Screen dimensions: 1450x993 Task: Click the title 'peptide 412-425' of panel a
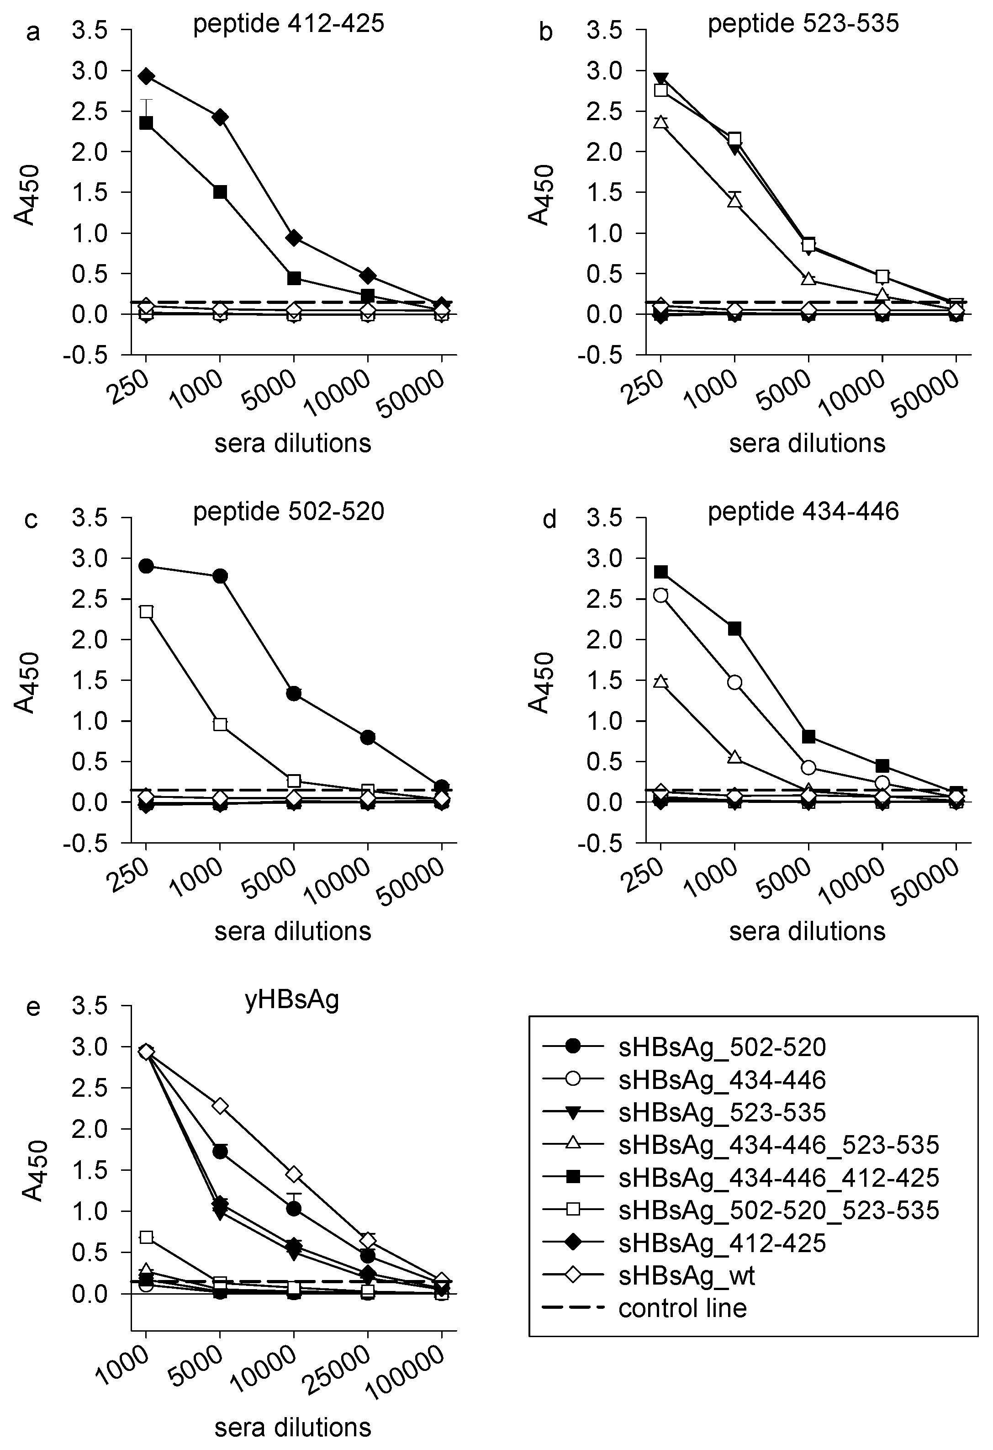289,24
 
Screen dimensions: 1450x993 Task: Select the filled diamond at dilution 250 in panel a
146,77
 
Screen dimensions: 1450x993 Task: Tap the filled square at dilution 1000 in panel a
220,192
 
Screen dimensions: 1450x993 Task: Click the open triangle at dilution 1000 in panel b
735,201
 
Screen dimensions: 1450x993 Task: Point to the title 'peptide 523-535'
803,24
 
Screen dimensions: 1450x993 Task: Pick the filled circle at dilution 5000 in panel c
294,693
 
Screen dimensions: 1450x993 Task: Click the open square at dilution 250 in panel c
146,611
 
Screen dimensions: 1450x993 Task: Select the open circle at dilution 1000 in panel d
735,683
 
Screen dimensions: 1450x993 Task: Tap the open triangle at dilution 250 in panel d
660,681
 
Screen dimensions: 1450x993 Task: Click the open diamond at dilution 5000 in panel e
220,1106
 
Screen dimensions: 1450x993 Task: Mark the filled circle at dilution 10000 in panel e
294,1209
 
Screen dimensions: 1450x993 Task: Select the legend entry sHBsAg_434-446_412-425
778,1177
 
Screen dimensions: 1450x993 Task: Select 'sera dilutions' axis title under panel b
807,443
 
